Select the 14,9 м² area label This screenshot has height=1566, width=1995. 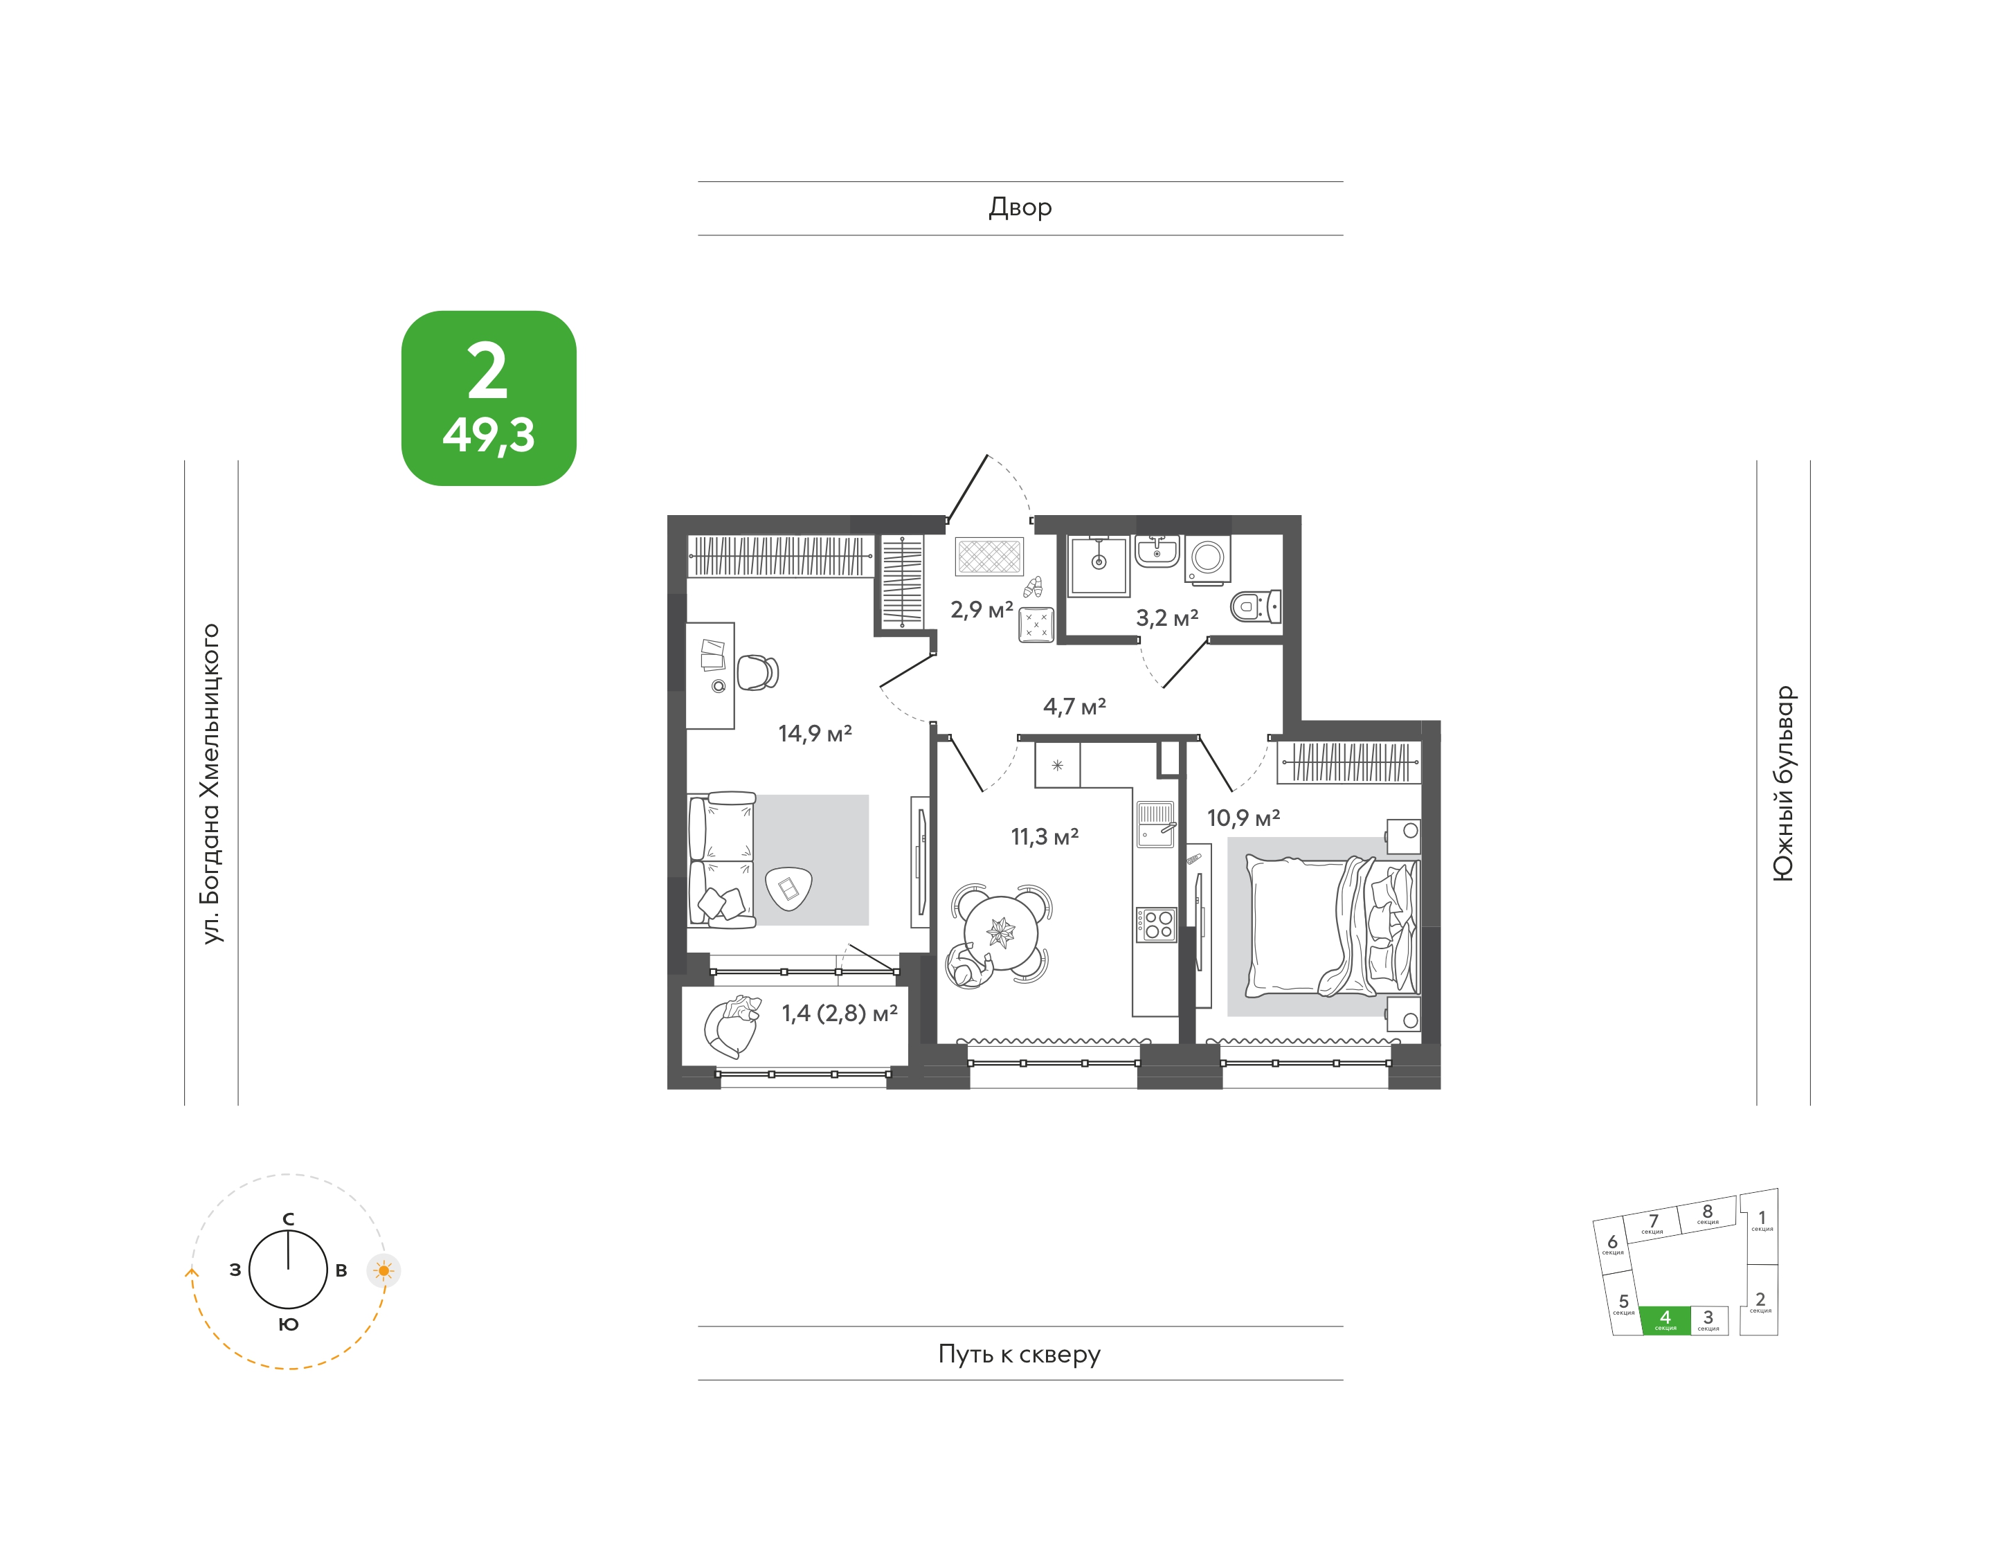815,733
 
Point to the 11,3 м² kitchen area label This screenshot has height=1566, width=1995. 1045,836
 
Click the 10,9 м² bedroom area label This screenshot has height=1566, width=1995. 1243,818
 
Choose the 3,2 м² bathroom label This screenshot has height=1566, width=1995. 1167,618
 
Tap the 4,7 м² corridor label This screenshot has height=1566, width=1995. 1074,707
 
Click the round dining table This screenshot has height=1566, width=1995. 1001,933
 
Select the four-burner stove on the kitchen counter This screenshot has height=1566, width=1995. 1156,924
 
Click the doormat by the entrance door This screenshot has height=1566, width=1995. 989,557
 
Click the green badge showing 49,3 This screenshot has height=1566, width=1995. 489,398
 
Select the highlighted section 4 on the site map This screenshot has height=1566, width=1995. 1665,1320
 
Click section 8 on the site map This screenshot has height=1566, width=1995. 1707,1214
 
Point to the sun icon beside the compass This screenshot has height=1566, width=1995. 383,1271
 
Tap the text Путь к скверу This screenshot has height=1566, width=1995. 1020,1354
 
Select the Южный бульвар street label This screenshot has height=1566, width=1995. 1783,783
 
